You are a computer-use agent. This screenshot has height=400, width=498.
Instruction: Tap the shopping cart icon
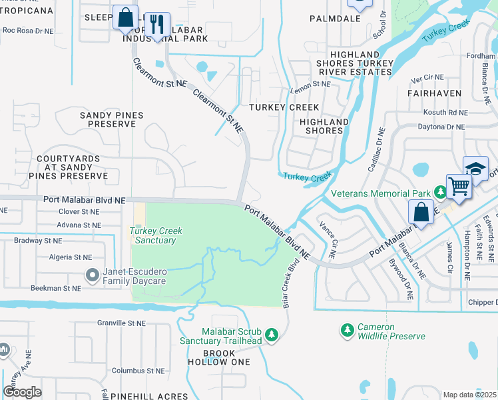point(459,185)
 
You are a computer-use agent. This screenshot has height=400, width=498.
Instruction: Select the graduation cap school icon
point(476,168)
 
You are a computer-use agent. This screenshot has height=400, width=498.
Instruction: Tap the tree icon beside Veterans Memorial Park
point(439,193)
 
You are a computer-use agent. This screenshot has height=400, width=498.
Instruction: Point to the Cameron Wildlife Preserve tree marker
point(346,330)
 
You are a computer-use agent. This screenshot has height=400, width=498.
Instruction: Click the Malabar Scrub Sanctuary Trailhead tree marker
point(271,334)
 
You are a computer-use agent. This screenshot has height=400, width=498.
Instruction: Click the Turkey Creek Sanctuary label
point(156,235)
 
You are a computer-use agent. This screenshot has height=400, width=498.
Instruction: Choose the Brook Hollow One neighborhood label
point(217,357)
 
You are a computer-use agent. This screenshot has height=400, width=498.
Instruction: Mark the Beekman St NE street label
point(55,288)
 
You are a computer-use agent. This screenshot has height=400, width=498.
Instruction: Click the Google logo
point(23,391)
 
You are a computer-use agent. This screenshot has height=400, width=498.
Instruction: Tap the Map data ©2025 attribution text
point(469,395)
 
